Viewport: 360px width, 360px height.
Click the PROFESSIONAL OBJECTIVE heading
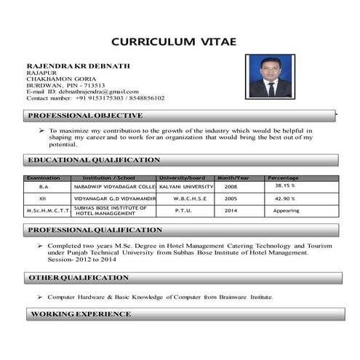[85, 116]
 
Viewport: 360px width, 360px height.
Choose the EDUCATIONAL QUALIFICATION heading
[93, 160]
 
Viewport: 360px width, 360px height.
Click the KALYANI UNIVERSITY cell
[186, 187]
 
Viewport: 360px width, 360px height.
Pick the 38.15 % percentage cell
[284, 186]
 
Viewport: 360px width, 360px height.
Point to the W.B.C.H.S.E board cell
[190, 199]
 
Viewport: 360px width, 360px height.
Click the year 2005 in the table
[231, 199]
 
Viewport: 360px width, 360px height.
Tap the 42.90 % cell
[284, 199]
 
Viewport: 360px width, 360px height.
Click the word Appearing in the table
[286, 211]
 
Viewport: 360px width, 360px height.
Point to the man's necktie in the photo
[271, 88]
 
